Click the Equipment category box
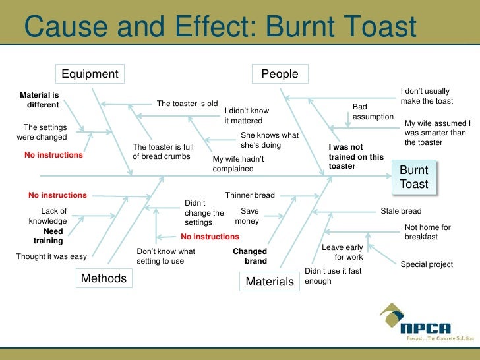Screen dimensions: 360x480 [x=90, y=74]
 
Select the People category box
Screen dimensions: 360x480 [x=280, y=74]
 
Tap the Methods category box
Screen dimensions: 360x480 [x=103, y=279]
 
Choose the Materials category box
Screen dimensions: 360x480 [x=269, y=282]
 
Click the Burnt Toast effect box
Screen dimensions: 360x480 [x=413, y=177]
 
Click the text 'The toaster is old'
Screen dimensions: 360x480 [x=187, y=104]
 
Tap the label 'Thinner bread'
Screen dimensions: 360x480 [x=250, y=195]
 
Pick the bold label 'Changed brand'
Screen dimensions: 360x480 [x=251, y=256]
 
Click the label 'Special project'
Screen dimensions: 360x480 [x=427, y=264]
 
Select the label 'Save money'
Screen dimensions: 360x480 [x=247, y=216]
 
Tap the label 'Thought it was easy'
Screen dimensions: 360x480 [x=51, y=256]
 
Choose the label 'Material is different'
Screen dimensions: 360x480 [x=40, y=100]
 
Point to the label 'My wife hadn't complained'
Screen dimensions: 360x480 [x=238, y=164]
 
